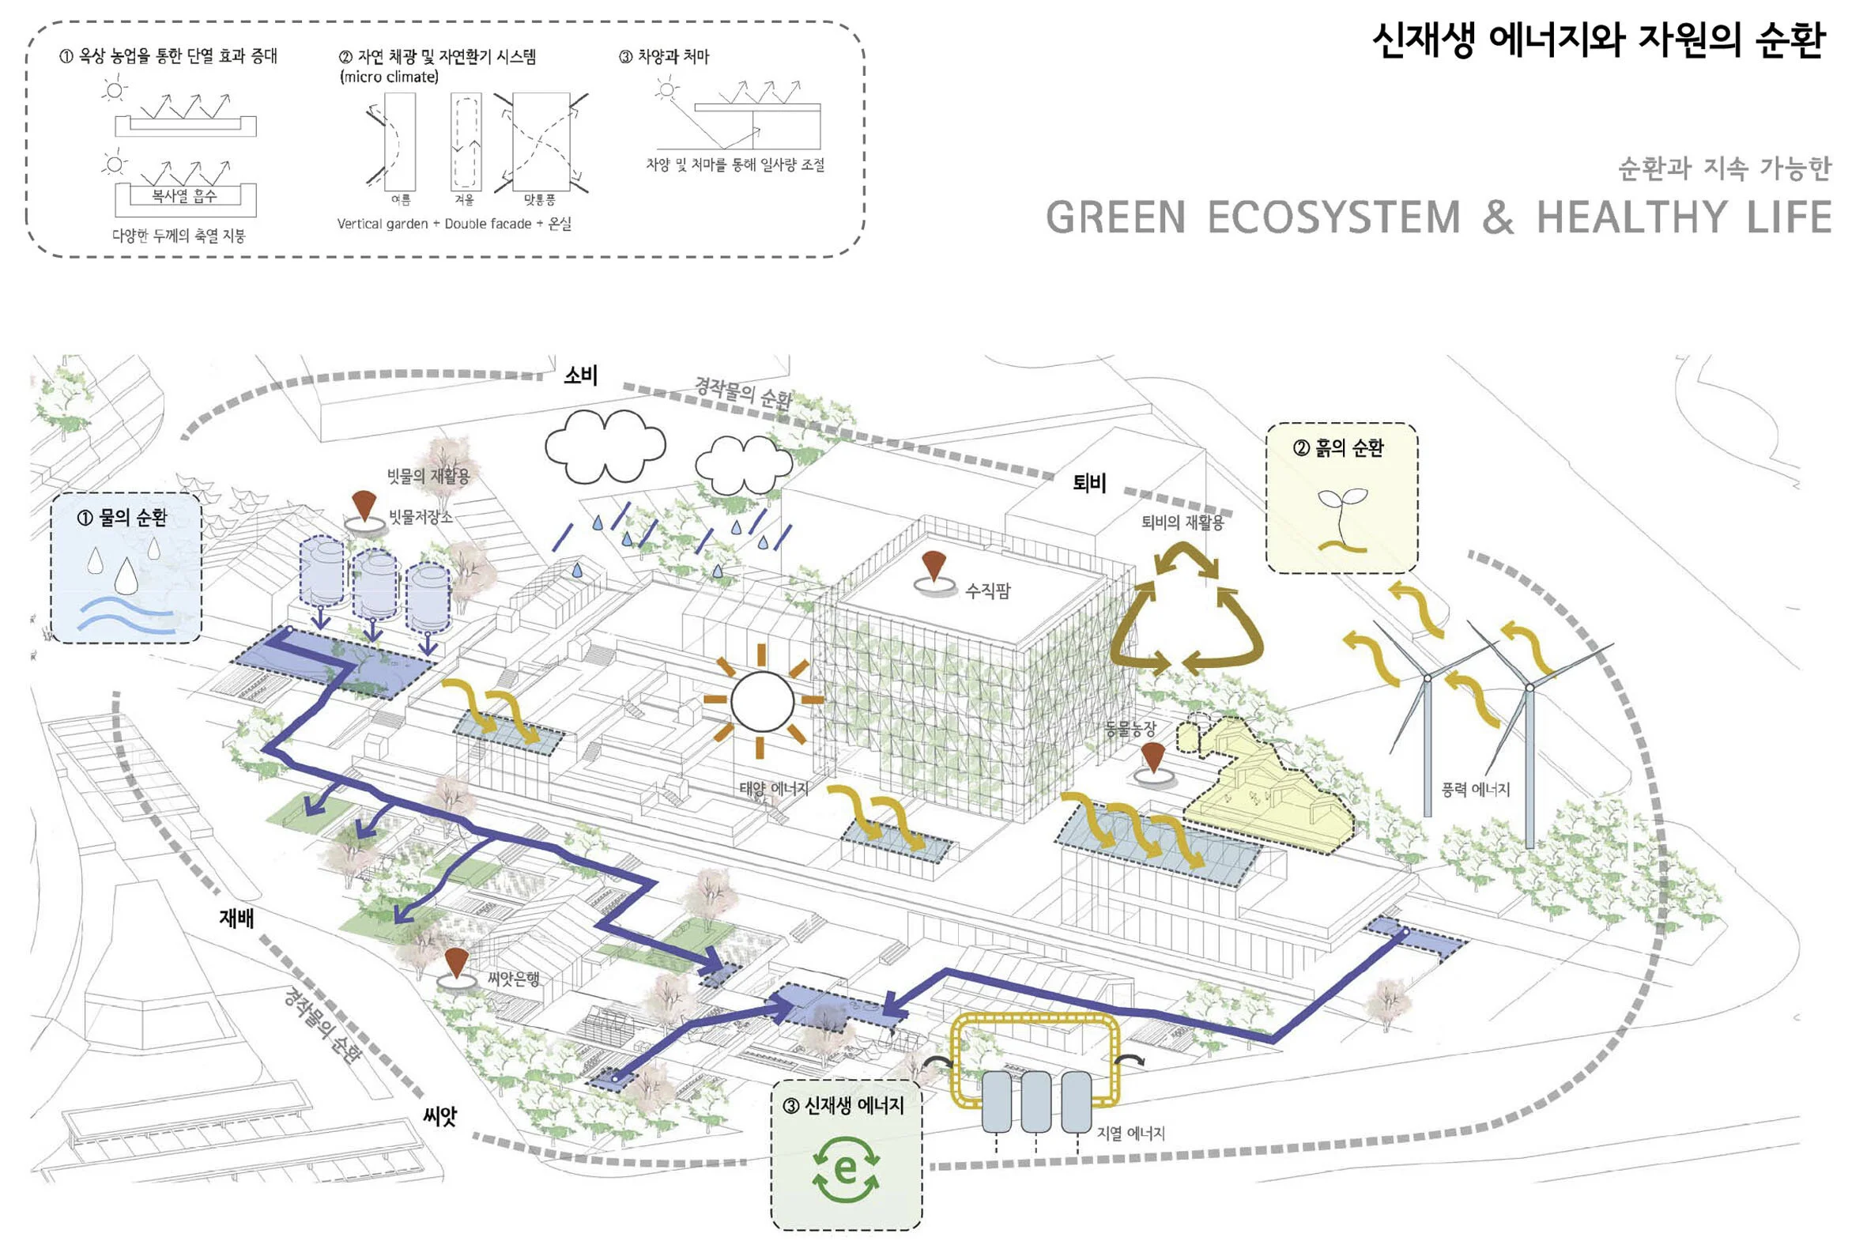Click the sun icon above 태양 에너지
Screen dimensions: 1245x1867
click(x=762, y=701)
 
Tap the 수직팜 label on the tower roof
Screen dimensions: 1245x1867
click(x=987, y=590)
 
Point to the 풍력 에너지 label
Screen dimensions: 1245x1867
click(x=1475, y=789)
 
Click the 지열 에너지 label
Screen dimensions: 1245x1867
click(x=1130, y=1133)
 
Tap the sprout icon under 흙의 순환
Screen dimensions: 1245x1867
click(x=1342, y=520)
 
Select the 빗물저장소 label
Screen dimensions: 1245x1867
click(x=420, y=518)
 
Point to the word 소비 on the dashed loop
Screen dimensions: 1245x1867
click(x=580, y=375)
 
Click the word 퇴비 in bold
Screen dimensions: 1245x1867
click(x=1089, y=483)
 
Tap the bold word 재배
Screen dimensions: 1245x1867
click(x=236, y=919)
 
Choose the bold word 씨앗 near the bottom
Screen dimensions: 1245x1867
click(x=439, y=1116)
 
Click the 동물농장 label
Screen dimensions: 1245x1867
click(x=1130, y=729)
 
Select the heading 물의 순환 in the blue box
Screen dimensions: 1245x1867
click(x=123, y=518)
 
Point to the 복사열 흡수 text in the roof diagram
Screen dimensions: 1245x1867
click(x=184, y=195)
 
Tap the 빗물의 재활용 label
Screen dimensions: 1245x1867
click(x=428, y=476)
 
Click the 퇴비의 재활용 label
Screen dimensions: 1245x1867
click(x=1182, y=522)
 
